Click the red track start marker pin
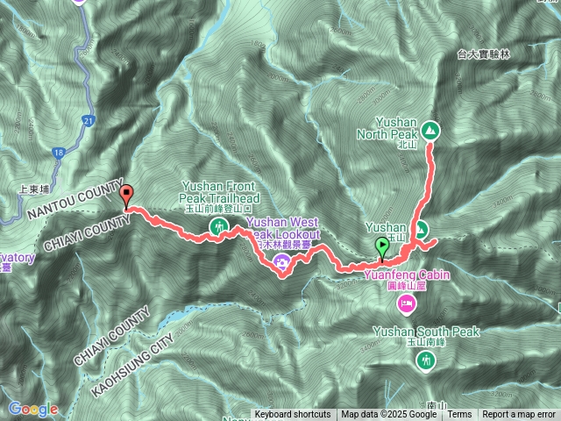tap(126, 196)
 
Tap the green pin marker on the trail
tap(382, 247)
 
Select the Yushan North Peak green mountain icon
tap(430, 132)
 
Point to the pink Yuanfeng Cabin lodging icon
tap(406, 303)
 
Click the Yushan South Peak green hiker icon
tap(427, 360)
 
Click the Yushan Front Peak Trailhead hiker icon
tap(216, 228)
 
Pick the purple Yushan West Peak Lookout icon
tap(282, 260)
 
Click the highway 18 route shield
tap(58, 153)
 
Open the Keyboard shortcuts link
tap(293, 415)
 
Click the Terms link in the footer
tap(459, 415)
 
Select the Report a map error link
tap(519, 415)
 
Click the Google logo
tap(32, 409)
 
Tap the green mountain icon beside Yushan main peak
tap(422, 231)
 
